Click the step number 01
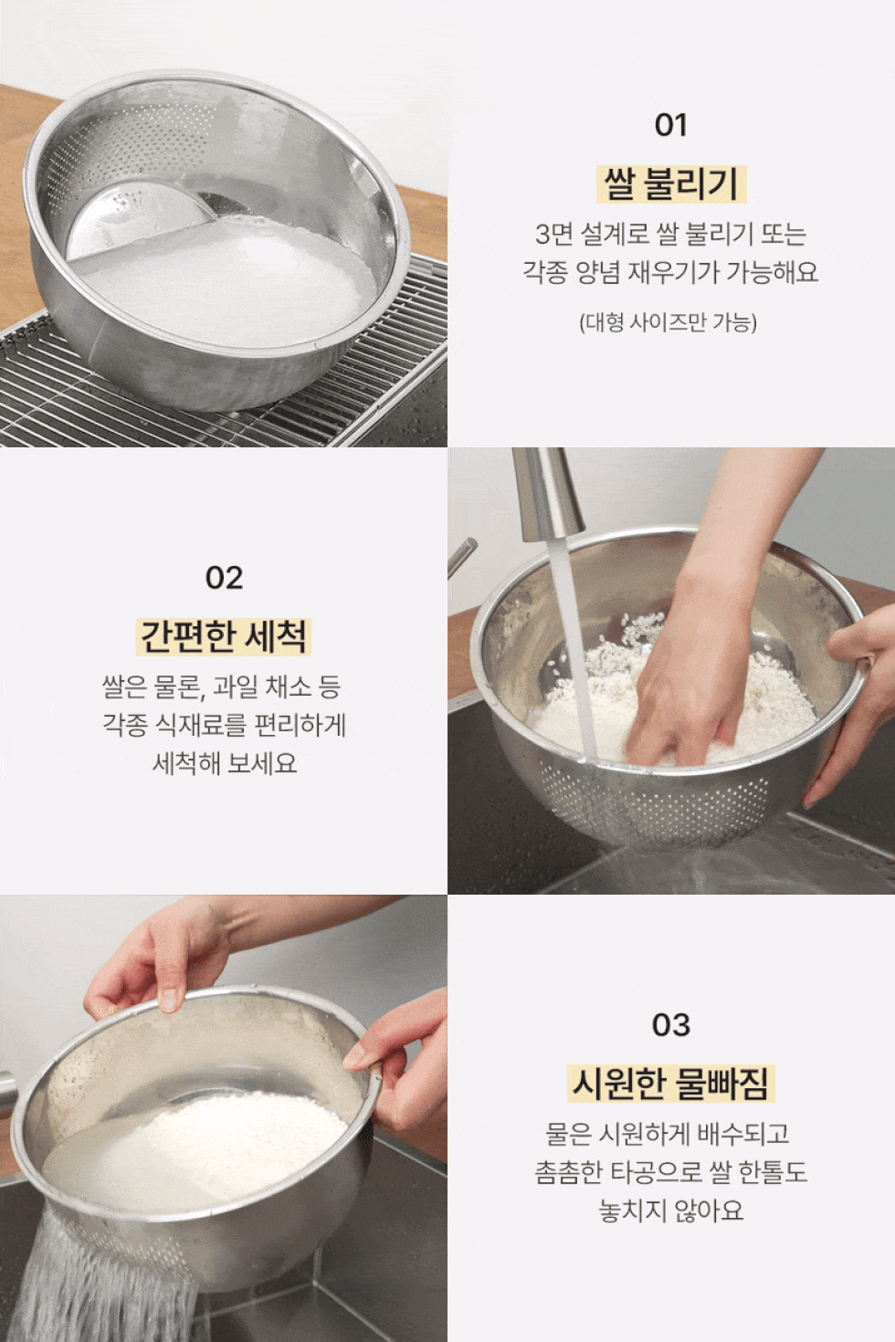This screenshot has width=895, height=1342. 671,125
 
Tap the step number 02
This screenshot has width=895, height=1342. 224,578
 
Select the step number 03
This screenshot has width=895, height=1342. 671,1025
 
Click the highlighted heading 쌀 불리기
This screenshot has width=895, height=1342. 671,183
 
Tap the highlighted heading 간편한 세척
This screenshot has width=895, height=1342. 224,636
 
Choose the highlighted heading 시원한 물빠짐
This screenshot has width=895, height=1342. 671,1083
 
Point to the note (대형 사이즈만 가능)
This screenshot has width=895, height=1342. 669,322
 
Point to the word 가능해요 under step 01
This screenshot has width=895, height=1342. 772,272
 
